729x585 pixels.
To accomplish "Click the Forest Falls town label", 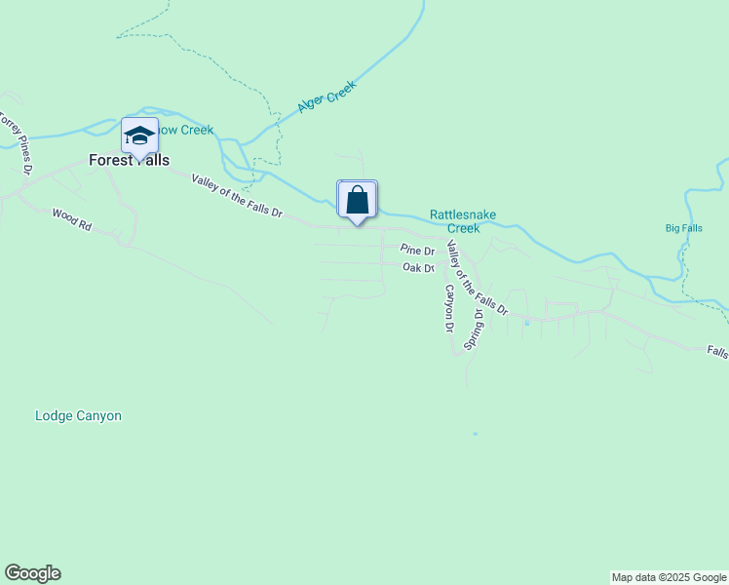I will (129, 161).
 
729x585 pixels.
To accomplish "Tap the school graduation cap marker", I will (139, 136).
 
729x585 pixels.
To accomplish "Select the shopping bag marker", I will (358, 200).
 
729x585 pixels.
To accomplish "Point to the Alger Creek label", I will (326, 97).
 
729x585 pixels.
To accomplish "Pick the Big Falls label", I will (683, 228).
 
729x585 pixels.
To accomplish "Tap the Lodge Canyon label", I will (78, 415).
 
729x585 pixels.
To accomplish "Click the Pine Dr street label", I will (416, 251).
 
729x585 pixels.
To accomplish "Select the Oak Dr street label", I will (417, 267).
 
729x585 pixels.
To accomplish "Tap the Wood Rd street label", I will (71, 219).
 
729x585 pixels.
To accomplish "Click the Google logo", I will (32, 573).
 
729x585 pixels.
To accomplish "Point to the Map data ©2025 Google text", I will (669, 577).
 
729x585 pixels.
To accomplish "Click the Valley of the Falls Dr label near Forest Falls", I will (237, 196).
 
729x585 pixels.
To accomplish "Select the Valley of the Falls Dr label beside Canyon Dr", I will (476, 277).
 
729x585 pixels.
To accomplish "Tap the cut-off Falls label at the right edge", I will (717, 353).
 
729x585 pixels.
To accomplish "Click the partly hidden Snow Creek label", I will (186, 131).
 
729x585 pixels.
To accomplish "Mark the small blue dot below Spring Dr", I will (475, 433).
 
